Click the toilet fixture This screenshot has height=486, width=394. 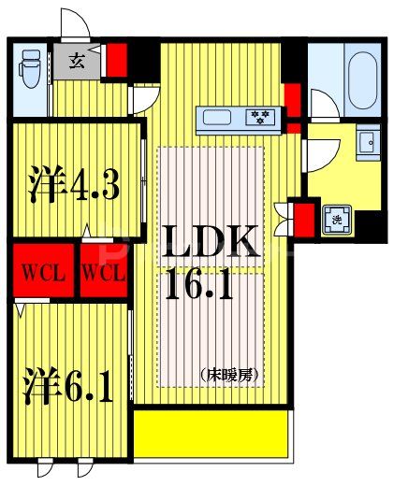coord(30,69)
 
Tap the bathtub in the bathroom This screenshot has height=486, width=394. coord(362,80)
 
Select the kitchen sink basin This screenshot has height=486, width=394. coord(217,118)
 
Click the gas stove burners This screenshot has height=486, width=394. coord(260,117)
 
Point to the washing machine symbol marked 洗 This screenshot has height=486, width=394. coord(337,220)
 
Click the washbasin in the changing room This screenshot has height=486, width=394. coord(368,142)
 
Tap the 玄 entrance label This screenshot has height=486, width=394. coord(77,61)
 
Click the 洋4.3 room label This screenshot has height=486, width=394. coord(74,184)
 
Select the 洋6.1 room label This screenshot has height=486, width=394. coord(68,385)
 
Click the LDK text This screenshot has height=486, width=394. coord(210,241)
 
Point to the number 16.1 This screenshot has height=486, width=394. coord(199,284)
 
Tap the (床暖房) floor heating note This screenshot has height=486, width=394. coord(229,375)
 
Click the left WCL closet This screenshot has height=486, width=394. coord(43,270)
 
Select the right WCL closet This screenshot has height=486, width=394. coord(104,270)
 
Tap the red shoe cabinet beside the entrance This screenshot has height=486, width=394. coord(117,60)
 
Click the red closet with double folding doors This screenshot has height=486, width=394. coord(304,220)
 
